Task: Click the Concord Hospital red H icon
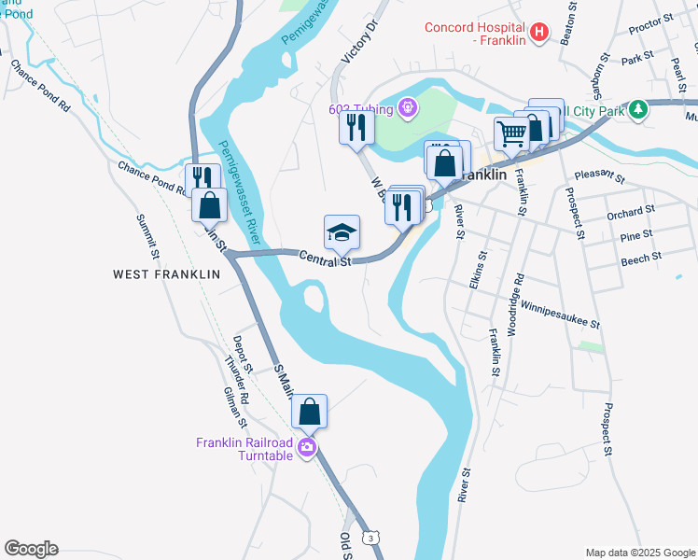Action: pos(538,34)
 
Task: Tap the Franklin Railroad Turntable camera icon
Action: pos(306,449)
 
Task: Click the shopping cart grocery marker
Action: pos(510,133)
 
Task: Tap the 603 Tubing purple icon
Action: pos(406,109)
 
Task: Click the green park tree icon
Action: pos(638,109)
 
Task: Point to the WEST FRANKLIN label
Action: pos(166,274)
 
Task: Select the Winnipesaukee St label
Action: pos(560,313)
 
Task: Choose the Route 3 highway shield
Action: pos(372,539)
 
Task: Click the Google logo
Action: pos(31,549)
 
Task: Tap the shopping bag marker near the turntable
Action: pos(310,411)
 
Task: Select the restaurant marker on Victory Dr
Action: pos(356,127)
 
